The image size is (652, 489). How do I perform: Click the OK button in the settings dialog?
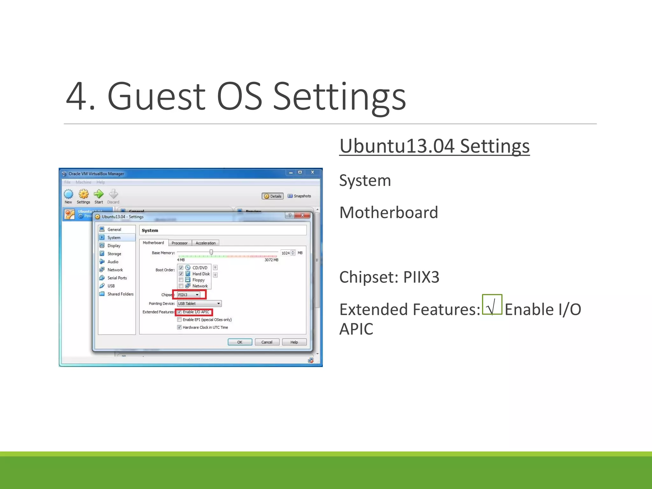point(240,342)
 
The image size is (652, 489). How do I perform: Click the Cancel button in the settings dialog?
point(267,342)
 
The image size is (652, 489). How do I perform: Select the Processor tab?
point(180,243)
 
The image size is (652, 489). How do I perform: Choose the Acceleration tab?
point(205,243)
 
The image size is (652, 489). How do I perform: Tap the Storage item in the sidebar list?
point(114,254)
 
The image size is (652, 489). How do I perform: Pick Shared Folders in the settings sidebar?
point(120,294)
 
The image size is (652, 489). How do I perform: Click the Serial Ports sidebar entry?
point(117,278)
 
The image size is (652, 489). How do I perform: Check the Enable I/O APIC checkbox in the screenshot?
point(180,312)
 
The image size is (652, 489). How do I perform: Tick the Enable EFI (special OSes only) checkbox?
point(180,320)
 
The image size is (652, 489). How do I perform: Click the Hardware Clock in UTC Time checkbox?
point(180,327)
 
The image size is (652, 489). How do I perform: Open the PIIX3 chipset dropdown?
point(189,295)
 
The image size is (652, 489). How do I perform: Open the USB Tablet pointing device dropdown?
point(199,304)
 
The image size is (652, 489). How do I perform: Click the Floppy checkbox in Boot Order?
point(181,280)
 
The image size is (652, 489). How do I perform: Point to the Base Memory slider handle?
point(211,252)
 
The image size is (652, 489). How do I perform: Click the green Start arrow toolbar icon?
point(99,194)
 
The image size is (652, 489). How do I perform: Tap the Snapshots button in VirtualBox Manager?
point(299,196)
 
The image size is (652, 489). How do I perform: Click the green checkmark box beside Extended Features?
point(492,305)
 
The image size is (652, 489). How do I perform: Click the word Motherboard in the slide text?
point(389,212)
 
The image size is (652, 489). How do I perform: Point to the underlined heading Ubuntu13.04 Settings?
point(434,146)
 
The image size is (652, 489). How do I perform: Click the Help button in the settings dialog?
point(294,342)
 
